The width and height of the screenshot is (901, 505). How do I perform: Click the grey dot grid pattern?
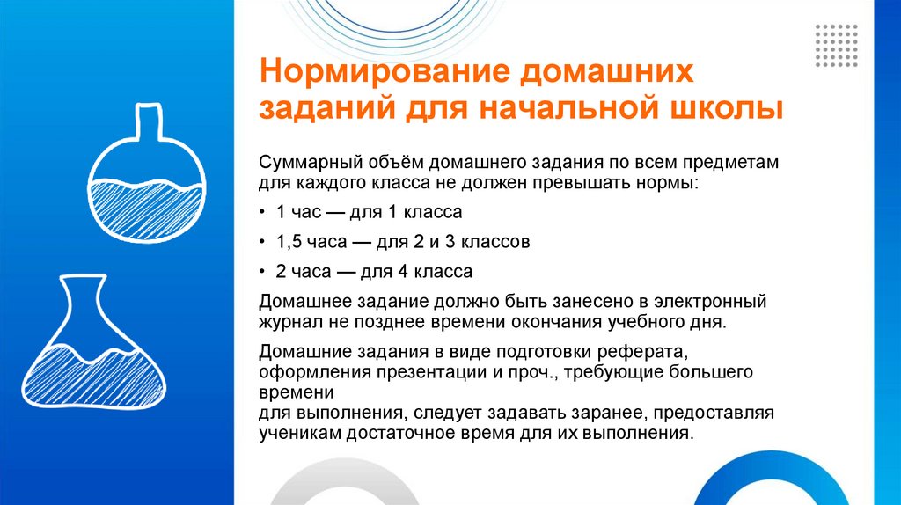point(836,46)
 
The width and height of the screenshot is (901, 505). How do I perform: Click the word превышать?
point(601,185)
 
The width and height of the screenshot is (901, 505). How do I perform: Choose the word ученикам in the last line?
point(297,434)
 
